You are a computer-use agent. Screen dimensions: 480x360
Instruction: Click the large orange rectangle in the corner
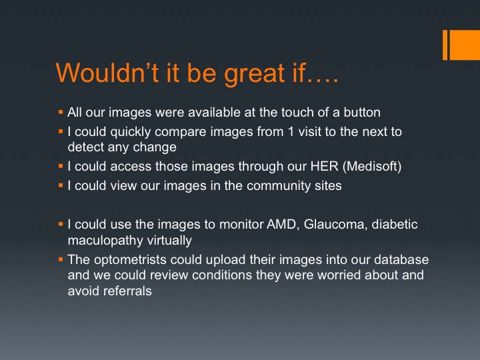[465, 45]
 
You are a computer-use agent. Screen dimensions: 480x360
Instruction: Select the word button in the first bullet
[362, 113]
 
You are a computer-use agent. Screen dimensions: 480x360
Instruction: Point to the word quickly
[131, 132]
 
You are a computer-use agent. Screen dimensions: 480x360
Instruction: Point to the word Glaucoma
[335, 225]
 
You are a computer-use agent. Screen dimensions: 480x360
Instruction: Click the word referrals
[127, 291]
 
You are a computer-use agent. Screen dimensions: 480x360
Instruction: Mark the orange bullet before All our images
[61, 112]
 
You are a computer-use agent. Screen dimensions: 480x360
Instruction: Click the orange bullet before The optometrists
[61, 259]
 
